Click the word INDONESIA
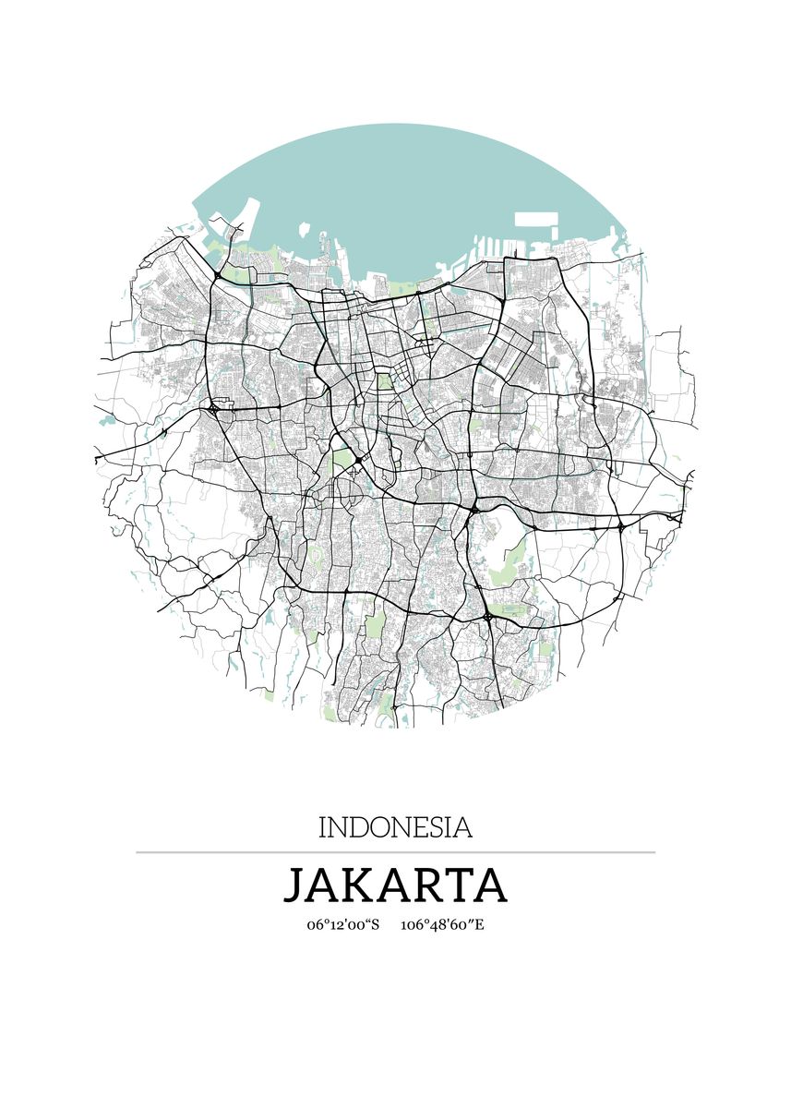coord(395,826)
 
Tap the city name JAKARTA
coord(395,885)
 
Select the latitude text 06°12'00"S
coord(343,925)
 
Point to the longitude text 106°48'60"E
coord(442,925)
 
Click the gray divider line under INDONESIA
coord(395,852)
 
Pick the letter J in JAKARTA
coord(294,885)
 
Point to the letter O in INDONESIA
coord(378,827)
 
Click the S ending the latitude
coord(375,925)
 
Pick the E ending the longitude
coord(479,925)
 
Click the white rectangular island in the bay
coord(535,221)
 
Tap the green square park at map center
coord(384,380)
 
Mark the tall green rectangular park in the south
coord(375,625)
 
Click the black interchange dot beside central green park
coord(358,460)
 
